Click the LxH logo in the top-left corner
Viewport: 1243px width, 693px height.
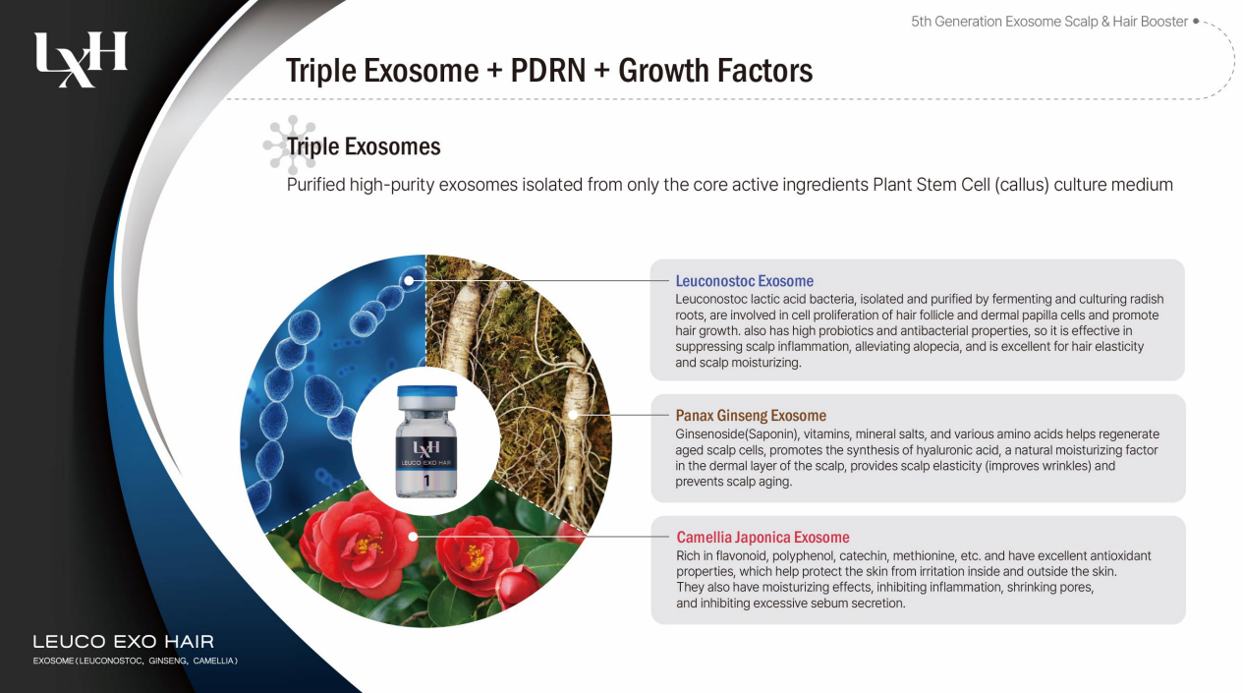pos(81,59)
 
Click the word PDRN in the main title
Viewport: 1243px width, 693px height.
pos(547,71)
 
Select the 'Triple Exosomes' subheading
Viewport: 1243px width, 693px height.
pos(364,146)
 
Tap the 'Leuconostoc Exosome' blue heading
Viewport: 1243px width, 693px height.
pos(744,281)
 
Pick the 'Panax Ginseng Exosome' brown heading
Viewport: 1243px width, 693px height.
pos(751,416)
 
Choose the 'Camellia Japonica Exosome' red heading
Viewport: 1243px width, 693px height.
pos(763,537)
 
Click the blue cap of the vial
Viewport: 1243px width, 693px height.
pos(426,392)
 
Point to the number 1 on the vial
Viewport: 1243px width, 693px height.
pos(426,481)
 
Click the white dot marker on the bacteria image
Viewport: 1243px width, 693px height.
pos(409,281)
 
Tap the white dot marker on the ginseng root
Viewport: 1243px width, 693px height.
pos(573,415)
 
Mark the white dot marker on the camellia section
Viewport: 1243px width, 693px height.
pos(413,537)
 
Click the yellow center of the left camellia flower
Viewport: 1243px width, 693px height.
pos(367,545)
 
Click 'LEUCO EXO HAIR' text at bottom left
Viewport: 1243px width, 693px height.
pos(123,642)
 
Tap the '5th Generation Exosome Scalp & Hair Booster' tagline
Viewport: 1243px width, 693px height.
pos(1049,22)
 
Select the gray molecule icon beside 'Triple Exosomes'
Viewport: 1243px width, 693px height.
pos(291,144)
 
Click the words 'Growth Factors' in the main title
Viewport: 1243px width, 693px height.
pos(715,71)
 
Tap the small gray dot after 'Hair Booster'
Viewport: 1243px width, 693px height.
pos(1196,21)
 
